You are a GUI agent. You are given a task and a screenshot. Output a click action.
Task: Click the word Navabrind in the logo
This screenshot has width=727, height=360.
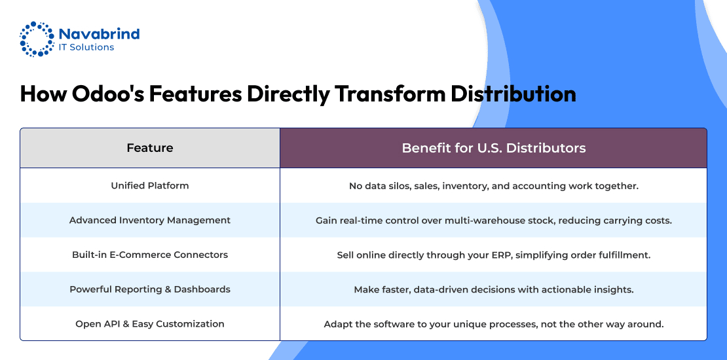99,34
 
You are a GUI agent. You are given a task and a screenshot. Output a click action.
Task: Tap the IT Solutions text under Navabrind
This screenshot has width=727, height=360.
86,47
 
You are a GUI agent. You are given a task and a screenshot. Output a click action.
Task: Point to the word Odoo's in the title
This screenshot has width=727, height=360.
107,94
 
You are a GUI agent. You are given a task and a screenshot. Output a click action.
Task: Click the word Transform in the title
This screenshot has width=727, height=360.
388,94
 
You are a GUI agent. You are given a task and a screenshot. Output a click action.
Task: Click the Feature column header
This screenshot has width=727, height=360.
150,148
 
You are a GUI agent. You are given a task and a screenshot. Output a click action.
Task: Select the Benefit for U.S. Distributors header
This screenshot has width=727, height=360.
494,148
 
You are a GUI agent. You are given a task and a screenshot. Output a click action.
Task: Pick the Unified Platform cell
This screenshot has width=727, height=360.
150,186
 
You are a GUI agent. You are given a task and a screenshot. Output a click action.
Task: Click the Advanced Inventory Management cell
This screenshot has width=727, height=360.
150,220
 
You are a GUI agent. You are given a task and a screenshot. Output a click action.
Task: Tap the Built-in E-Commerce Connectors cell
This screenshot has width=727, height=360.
150,255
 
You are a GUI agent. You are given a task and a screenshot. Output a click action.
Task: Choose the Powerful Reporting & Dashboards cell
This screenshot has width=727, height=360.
150,289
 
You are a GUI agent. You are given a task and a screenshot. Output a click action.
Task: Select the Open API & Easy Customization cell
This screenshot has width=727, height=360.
150,324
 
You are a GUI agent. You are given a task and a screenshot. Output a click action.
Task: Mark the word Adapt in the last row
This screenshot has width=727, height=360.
336,324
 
